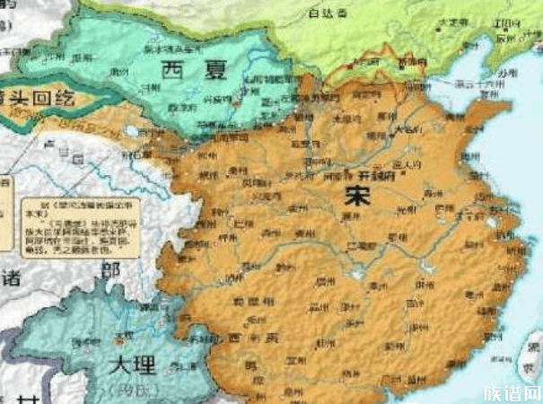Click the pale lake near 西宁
click(133, 131)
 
